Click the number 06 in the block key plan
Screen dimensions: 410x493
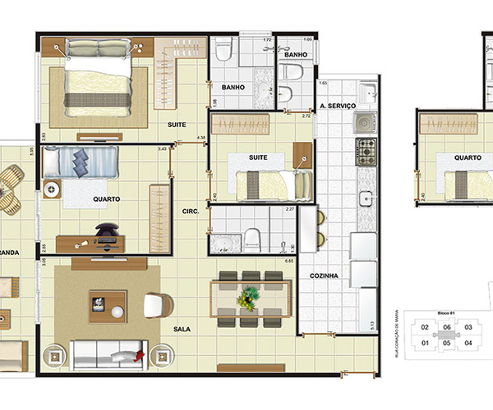click(x=446, y=327)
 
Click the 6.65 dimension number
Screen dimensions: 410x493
click(x=290, y=260)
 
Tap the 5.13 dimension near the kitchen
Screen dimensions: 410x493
click(x=372, y=325)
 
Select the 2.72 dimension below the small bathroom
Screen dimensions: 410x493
click(x=306, y=117)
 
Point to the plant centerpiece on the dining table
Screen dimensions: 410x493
click(x=247, y=298)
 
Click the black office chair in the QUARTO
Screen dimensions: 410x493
click(x=106, y=235)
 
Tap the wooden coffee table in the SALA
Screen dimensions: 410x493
click(x=108, y=306)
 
